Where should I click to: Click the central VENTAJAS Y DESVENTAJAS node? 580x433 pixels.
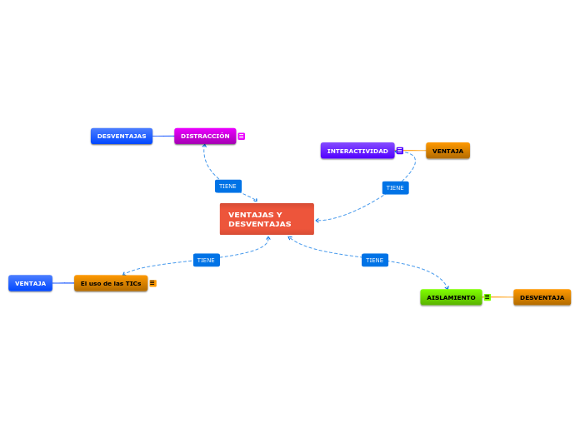267,219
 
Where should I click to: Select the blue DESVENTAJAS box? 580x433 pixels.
122,136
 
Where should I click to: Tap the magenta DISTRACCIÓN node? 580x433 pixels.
205,136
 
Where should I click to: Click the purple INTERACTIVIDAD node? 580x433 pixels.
357,151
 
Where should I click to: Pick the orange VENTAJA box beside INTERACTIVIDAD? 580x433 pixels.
447,151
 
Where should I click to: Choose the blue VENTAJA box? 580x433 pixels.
30,283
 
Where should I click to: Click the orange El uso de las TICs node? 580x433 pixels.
111,283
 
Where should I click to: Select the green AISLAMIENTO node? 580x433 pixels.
451,297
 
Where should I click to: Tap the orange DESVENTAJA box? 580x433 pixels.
542,297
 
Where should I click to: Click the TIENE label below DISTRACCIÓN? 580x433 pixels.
227,186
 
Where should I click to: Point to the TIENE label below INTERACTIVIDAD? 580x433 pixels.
395,187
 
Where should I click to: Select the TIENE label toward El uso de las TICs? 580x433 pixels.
206,260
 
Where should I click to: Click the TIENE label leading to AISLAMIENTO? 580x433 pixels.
375,260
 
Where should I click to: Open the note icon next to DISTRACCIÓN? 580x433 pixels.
242,136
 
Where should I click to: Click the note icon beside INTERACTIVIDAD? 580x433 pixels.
400,151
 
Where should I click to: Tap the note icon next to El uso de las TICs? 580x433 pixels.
152,283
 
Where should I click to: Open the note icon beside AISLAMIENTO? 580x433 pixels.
487,297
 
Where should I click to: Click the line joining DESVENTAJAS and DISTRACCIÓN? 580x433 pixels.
163,136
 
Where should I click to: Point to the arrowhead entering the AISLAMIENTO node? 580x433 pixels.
447,288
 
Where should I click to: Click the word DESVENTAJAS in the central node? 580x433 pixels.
260,224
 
